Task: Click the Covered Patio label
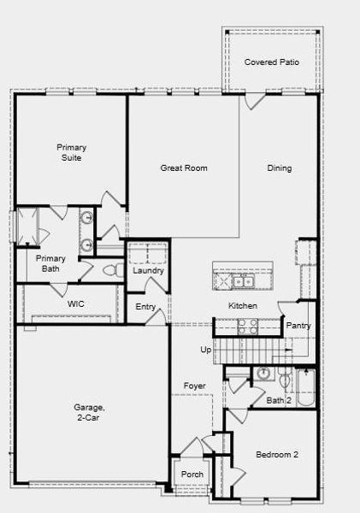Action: [271, 62]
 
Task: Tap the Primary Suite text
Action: [72, 152]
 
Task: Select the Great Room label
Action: [184, 168]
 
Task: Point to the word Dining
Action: [279, 168]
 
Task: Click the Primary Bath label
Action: [50, 263]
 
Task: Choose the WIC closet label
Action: [75, 304]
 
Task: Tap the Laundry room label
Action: [148, 271]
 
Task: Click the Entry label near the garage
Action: [145, 307]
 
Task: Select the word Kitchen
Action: [242, 306]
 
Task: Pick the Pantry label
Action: [298, 326]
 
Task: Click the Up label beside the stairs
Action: [205, 350]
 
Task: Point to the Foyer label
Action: [194, 386]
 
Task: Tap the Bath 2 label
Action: [280, 400]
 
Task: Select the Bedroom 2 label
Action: [277, 455]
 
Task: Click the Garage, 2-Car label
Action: [89, 413]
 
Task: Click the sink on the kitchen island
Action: [243, 280]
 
